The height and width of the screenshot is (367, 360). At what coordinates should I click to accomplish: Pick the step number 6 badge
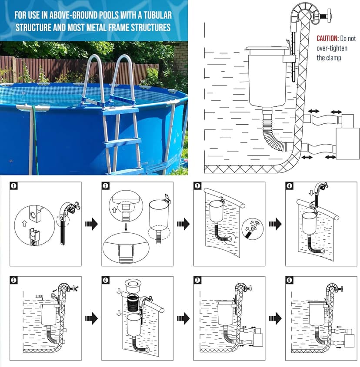106,280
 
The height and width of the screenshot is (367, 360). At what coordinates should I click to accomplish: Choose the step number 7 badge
198,280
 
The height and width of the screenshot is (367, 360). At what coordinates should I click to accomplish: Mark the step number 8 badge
290,280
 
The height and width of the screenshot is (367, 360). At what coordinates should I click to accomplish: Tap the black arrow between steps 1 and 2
92,224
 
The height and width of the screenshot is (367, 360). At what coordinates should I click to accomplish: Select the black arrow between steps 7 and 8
276,318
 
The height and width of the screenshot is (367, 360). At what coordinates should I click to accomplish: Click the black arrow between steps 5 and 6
92,318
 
